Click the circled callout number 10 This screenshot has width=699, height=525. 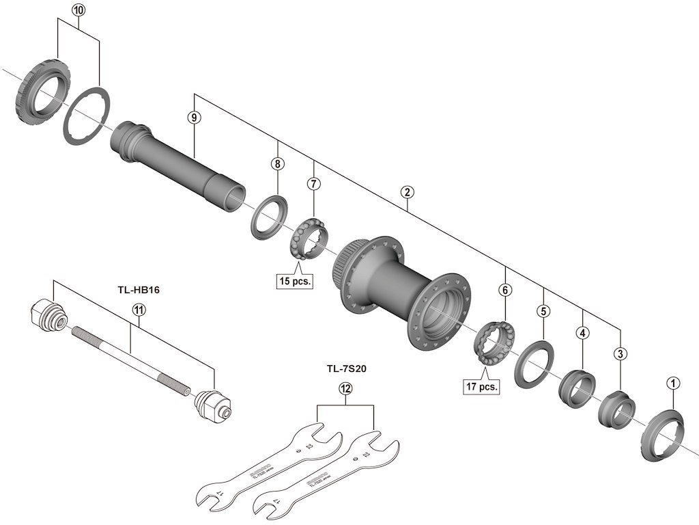(79, 10)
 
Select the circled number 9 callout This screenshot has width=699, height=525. (195, 118)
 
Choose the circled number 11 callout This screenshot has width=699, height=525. (139, 310)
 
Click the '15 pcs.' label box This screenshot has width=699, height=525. (294, 280)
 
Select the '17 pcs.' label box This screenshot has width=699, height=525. (482, 386)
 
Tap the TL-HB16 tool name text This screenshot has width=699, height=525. (139, 289)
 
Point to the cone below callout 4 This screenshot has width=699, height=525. (577, 388)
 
